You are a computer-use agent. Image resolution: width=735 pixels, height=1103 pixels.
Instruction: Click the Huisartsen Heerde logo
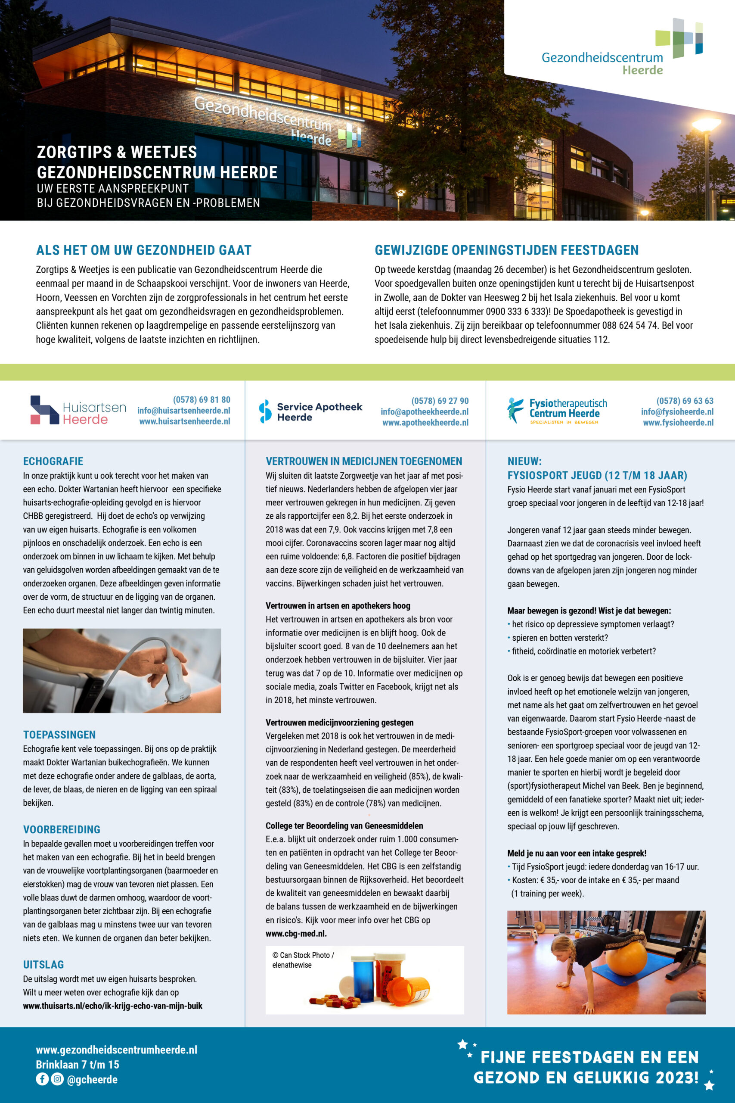pyautogui.click(x=78, y=410)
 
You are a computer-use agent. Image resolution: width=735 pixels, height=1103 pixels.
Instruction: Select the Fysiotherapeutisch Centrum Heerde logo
pyautogui.click(x=557, y=410)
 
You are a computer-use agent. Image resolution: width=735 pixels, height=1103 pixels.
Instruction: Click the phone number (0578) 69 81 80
pyautogui.click(x=202, y=399)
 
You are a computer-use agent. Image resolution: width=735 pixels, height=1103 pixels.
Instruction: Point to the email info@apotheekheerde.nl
pyautogui.click(x=424, y=412)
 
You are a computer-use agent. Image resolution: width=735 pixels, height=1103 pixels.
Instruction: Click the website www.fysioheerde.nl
pyautogui.click(x=678, y=423)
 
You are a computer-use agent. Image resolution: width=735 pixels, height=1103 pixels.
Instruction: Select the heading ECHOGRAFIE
pyautogui.click(x=53, y=461)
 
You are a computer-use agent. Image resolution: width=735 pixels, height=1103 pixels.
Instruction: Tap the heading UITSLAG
pyautogui.click(x=43, y=965)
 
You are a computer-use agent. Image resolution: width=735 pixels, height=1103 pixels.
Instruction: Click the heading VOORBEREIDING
pyautogui.click(x=62, y=829)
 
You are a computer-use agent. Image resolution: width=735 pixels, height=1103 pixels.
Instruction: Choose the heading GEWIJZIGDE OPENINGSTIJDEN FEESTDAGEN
pyautogui.click(x=506, y=250)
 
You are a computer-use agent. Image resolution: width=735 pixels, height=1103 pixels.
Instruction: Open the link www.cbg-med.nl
pyautogui.click(x=296, y=934)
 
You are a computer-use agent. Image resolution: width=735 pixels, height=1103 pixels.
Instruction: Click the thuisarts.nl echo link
pyautogui.click(x=112, y=1006)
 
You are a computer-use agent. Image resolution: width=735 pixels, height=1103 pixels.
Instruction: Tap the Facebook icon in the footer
pyautogui.click(x=42, y=1079)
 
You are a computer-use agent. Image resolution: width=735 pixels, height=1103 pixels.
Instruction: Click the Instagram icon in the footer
pyautogui.click(x=57, y=1079)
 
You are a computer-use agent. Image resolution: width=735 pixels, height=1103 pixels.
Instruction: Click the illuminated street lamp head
pyautogui.click(x=706, y=125)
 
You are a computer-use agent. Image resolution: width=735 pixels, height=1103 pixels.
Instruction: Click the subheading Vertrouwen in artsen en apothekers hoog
pyautogui.click(x=338, y=606)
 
